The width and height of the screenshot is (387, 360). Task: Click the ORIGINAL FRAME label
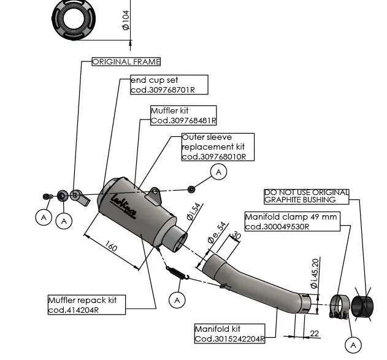pyautogui.click(x=126, y=62)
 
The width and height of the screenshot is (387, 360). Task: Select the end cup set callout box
pyautogui.click(x=169, y=85)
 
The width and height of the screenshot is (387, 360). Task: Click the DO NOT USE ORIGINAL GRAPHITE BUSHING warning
pyautogui.click(x=306, y=196)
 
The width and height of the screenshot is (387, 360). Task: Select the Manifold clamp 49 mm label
pyautogui.click(x=291, y=221)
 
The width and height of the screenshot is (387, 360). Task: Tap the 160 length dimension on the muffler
pyautogui.click(x=111, y=248)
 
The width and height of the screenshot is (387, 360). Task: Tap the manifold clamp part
pyautogui.click(x=339, y=307)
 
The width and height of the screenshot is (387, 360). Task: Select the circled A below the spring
pyautogui.click(x=177, y=300)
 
